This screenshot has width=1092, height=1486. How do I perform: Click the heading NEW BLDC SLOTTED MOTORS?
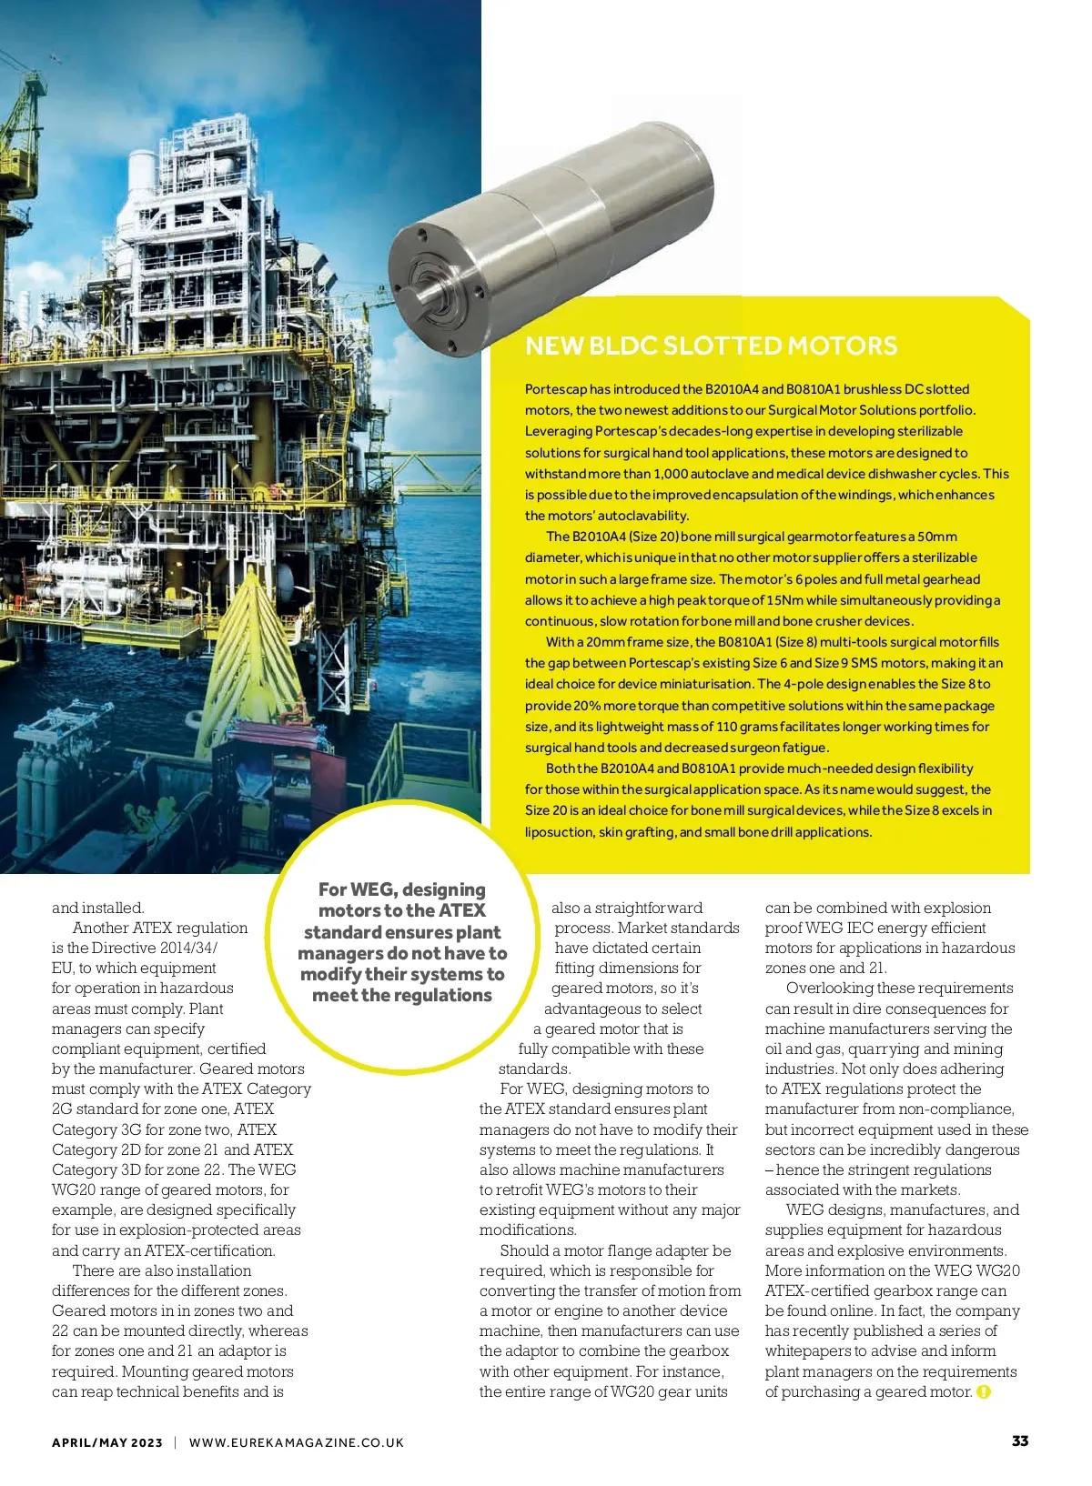711,346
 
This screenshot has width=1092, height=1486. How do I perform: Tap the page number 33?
1020,1441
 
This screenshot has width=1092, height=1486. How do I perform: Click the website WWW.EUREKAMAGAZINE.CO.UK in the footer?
296,1442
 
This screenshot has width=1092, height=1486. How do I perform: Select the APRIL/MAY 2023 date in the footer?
107,1442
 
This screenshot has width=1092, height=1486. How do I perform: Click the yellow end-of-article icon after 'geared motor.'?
983,1392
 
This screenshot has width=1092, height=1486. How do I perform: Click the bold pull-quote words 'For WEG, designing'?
401,889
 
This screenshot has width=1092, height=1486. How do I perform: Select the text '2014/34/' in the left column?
189,948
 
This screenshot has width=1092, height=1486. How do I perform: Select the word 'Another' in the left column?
100,928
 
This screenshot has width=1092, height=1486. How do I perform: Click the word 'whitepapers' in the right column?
808,1351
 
